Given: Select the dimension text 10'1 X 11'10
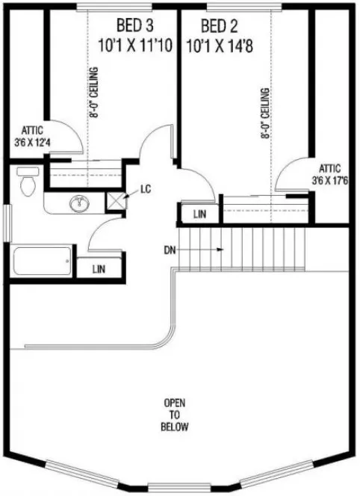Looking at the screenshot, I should tap(135, 45).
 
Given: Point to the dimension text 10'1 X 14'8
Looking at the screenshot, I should tap(220, 45).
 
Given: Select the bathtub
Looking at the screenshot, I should tap(41, 261).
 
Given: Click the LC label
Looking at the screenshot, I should tap(146, 189).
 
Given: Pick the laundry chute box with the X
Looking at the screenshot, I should tap(116, 199).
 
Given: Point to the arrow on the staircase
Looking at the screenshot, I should tap(214, 249).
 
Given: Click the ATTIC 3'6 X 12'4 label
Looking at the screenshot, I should tap(29, 134).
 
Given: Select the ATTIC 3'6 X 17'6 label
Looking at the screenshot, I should tap(330, 174).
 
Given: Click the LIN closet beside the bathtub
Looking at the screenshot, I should tap(97, 268).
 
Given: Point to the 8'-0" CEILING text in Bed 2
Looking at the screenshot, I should tap(265, 120).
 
